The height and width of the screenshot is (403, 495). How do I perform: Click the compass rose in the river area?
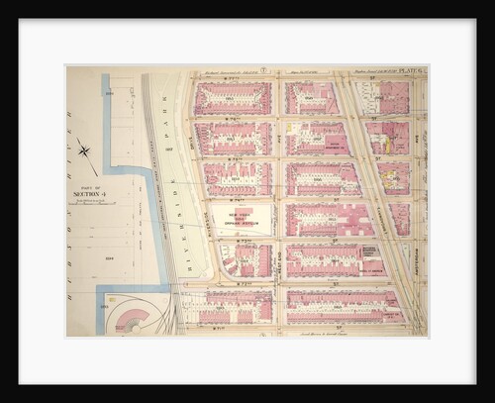86,151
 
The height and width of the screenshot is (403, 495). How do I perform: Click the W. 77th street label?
236,118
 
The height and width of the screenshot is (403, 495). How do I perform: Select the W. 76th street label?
236,157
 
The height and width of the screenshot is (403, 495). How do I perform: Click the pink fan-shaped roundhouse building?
135,317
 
